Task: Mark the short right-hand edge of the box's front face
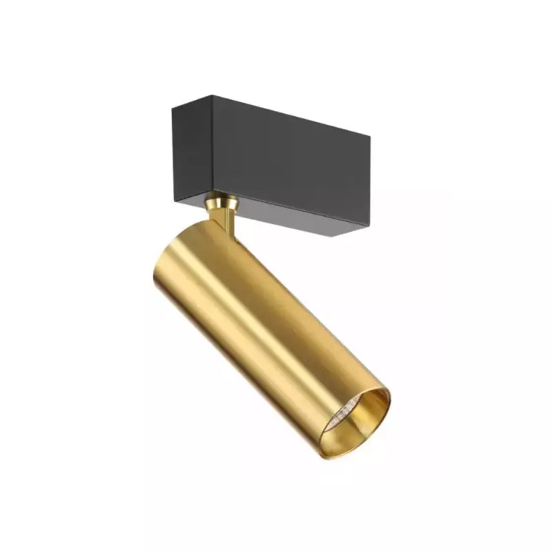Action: (x=369, y=183)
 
